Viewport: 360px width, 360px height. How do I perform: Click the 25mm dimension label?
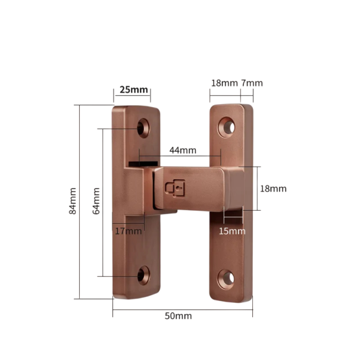133,90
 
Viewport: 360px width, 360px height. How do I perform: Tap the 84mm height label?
73,201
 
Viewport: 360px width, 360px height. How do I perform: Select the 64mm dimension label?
96,201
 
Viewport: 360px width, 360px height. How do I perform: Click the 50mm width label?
179,316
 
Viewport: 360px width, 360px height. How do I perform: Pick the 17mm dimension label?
129,230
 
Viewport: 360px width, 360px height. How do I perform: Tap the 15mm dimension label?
231,230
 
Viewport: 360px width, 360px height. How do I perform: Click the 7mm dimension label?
252,83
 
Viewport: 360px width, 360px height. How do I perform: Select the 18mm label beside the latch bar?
273,189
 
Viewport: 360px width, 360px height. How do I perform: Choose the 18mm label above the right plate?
224,83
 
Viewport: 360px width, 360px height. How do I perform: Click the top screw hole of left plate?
143,126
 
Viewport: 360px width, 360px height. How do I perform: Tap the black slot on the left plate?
143,161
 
